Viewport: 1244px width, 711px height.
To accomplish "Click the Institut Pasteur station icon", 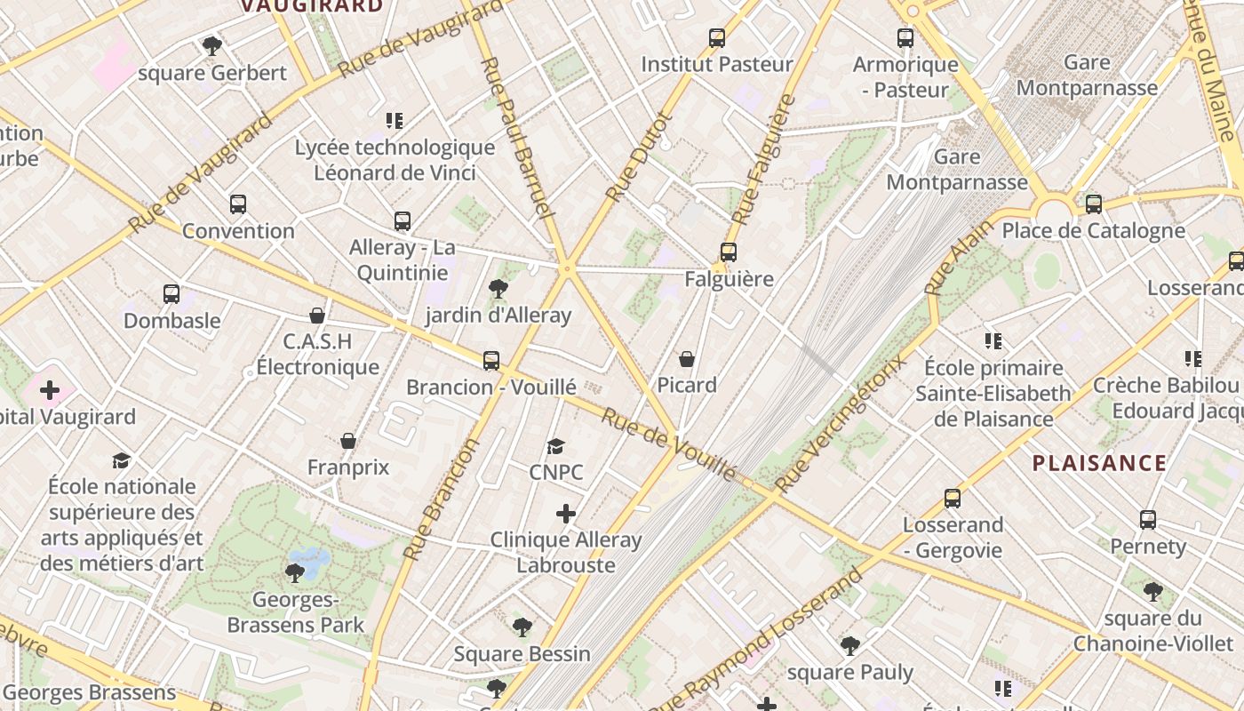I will click(x=717, y=38).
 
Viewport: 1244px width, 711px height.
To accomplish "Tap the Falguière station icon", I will click(x=729, y=252).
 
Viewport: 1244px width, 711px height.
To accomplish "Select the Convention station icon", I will click(x=238, y=204).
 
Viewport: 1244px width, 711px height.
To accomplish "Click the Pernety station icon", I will click(x=1148, y=520).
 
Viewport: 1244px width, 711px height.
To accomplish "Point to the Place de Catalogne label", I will click(x=1093, y=231).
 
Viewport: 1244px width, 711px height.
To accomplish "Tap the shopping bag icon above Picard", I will click(x=687, y=359).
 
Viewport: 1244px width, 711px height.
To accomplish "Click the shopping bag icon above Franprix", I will click(x=348, y=441).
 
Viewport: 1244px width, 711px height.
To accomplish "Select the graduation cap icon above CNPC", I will click(x=556, y=446).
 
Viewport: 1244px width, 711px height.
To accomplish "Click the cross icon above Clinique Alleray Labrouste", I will click(x=566, y=514).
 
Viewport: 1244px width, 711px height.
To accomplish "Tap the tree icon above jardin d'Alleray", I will click(x=498, y=289).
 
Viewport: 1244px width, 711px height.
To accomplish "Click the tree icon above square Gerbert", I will click(x=211, y=45).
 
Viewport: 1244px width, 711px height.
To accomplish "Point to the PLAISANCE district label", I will click(x=1099, y=463).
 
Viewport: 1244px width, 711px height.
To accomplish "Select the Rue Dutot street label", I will click(x=639, y=156).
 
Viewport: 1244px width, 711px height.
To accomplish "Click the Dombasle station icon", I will click(x=171, y=294).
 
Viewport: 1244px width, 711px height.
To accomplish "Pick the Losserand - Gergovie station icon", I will click(x=953, y=499).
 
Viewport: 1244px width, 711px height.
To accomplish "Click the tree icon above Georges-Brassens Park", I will click(x=295, y=573).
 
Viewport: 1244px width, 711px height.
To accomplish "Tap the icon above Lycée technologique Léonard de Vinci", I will click(x=395, y=121).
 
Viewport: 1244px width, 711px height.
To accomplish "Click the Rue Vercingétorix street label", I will click(x=841, y=424).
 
